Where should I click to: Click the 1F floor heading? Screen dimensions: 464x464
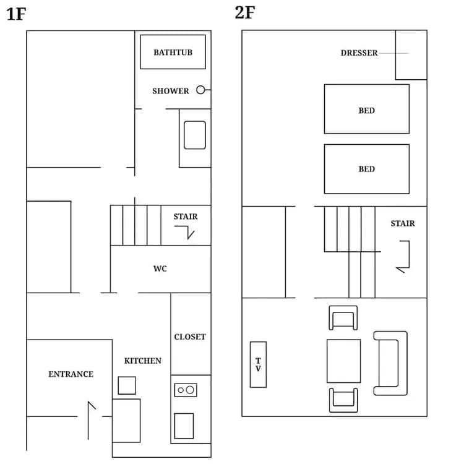pyautogui.click(x=16, y=14)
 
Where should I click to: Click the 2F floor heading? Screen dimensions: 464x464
pyautogui.click(x=245, y=12)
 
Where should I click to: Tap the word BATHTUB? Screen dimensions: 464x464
pyautogui.click(x=173, y=53)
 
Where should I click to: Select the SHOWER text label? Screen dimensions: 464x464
pyautogui.click(x=171, y=91)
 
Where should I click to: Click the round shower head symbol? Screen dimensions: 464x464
pyautogui.click(x=200, y=90)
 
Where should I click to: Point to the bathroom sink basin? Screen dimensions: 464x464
pyautogui.click(x=195, y=135)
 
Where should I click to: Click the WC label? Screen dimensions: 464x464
pyautogui.click(x=160, y=269)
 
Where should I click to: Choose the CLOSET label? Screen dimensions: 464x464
pyautogui.click(x=190, y=337)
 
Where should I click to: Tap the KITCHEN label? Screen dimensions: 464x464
pyautogui.click(x=143, y=361)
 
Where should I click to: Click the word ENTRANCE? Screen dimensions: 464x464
pyautogui.click(x=71, y=374)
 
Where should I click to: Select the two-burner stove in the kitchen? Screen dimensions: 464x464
pyautogui.click(x=186, y=390)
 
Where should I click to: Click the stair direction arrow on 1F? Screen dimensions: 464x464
pyautogui.click(x=185, y=232)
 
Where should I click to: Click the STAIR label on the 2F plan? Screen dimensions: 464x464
pyautogui.click(x=403, y=223)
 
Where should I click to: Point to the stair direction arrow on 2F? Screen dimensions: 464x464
pyautogui.click(x=403, y=257)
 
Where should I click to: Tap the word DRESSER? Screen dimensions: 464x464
pyautogui.click(x=359, y=53)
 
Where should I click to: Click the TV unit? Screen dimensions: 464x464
pyautogui.click(x=258, y=364)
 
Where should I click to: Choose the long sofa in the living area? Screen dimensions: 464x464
pyautogui.click(x=390, y=363)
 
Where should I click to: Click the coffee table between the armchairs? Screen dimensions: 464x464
pyautogui.click(x=343, y=361)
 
